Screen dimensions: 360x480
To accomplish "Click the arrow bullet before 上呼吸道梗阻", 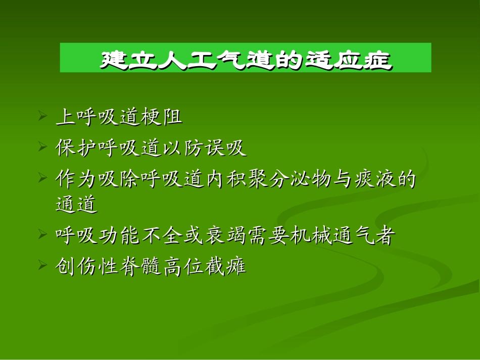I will pyautogui.click(x=42, y=118).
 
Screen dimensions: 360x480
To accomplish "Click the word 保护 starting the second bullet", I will pyautogui.click(x=73, y=148).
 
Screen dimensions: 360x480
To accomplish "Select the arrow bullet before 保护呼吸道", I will pyautogui.click(x=42, y=148).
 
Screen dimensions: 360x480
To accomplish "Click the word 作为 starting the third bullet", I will pyautogui.click(x=73, y=179).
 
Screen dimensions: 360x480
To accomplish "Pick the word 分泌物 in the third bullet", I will pyautogui.click(x=282, y=179).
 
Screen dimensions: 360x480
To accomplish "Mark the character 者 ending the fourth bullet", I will pyautogui.click(x=382, y=235).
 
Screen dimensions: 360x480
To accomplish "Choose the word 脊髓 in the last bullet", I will pyautogui.click(x=146, y=266).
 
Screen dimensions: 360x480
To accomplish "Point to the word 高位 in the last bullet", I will pyautogui.click(x=182, y=266).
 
